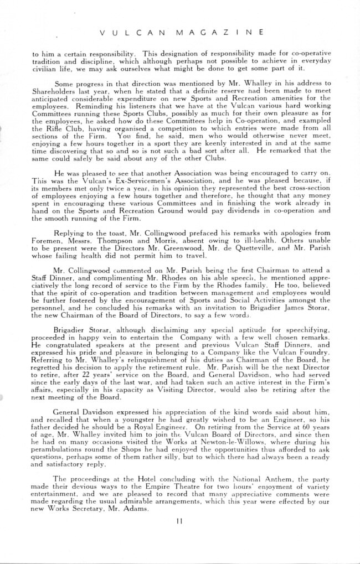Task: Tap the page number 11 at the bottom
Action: click(x=179, y=520)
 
